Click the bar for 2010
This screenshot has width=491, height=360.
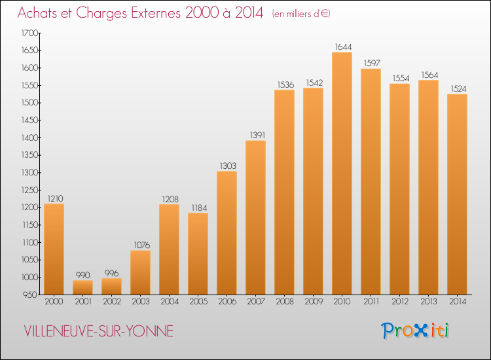pos(342,173)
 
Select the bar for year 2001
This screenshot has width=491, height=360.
pos(82,287)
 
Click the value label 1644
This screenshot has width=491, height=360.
pos(342,46)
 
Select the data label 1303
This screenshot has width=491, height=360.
pos(227,166)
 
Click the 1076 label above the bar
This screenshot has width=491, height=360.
pos(140,245)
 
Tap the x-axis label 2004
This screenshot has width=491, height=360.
pos(169,302)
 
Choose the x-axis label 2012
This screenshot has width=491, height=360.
pos(399,302)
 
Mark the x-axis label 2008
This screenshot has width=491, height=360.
pos(284,302)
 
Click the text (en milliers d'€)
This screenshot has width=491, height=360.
pos(300,14)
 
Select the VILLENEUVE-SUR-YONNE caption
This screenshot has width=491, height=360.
pos(98,331)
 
